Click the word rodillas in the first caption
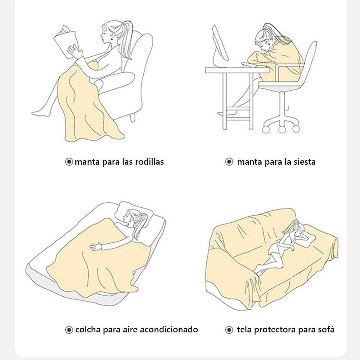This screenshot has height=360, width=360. pyautogui.click(x=149, y=162)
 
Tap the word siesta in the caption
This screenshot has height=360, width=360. pyautogui.click(x=304, y=162)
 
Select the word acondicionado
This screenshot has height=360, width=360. pyautogui.click(x=169, y=329)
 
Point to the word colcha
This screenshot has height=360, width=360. pyautogui.click(x=88, y=329)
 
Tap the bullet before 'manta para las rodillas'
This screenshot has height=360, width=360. pyautogui.click(x=69, y=162)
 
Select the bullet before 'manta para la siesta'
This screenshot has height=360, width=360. pyautogui.click(x=229, y=162)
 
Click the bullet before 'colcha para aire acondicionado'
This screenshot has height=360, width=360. pyautogui.click(x=69, y=330)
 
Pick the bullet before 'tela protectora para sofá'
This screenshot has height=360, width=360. pyautogui.click(x=229, y=330)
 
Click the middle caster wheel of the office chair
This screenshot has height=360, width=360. pyautogui.click(x=282, y=129)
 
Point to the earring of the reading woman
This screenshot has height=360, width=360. pyautogui.click(x=113, y=39)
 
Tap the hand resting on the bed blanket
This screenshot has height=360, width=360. pyautogui.click(x=96, y=247)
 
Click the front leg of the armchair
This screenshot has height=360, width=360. pyautogui.click(x=133, y=117)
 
